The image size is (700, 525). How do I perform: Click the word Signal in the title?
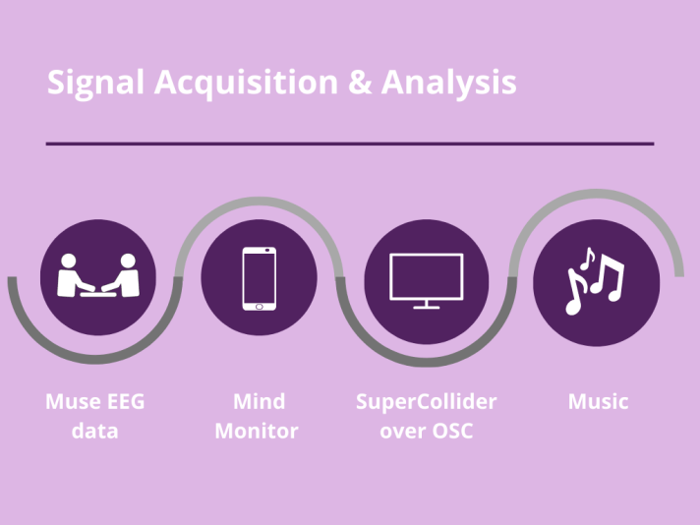click(95, 83)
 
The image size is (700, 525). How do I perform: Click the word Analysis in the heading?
click(449, 83)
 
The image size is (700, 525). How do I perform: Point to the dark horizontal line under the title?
click(349, 144)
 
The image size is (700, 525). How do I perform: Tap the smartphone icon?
click(259, 279)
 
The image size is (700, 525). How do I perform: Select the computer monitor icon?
click(426, 279)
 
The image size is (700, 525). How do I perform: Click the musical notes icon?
click(594, 280)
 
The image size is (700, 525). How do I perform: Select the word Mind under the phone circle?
click(259, 401)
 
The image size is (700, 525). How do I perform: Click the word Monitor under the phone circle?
click(257, 431)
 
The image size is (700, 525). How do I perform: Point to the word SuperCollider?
click(426, 401)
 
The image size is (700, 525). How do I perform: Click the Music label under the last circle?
click(598, 401)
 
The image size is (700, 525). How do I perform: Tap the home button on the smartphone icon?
click(259, 306)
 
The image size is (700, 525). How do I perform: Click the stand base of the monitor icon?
click(426, 307)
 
